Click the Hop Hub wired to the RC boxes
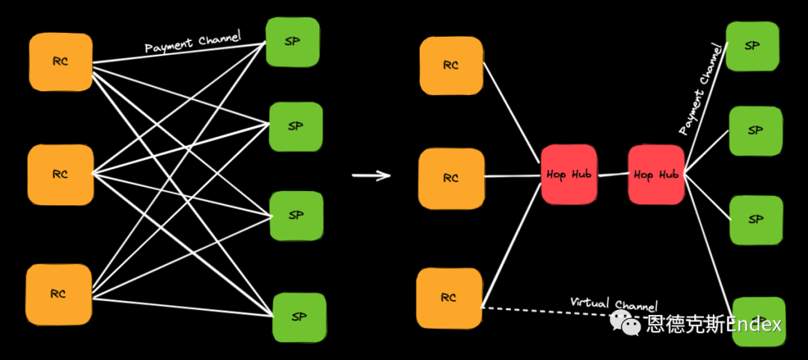tap(569, 174)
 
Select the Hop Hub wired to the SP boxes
tap(656, 174)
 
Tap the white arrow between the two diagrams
tap(372, 176)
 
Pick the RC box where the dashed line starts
tap(449, 298)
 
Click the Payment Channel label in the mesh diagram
tap(192, 44)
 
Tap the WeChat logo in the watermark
tap(625, 323)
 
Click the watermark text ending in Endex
tap(714, 324)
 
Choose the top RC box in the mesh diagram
tap(61, 62)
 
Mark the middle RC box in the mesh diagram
tap(61, 174)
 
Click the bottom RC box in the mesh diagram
tap(58, 294)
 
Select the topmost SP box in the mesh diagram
tap(293, 42)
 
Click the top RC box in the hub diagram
tap(450, 66)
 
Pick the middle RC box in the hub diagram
tap(451, 178)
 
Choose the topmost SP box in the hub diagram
tap(754, 46)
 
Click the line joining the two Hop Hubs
tap(613, 175)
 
